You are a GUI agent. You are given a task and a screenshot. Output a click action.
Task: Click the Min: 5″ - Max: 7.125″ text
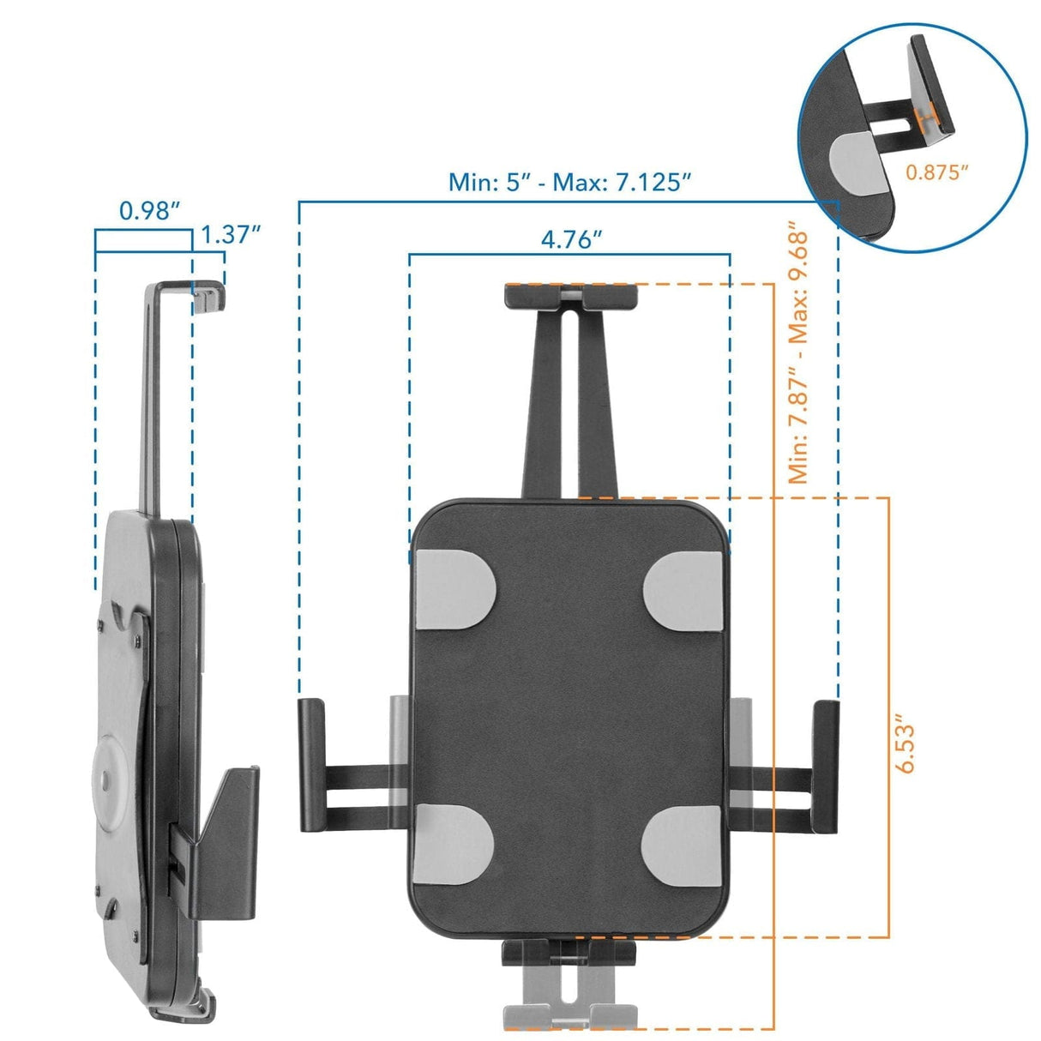[x=570, y=182]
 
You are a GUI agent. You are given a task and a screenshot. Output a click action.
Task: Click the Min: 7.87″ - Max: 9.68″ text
[x=798, y=356]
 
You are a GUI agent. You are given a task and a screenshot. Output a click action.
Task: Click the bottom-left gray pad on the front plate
[x=454, y=847]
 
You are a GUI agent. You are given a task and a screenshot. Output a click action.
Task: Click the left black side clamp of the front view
[x=311, y=766]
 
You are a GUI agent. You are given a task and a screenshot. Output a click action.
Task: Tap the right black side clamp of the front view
[x=825, y=766]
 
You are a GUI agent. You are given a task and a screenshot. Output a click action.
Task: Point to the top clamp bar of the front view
[x=571, y=295]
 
